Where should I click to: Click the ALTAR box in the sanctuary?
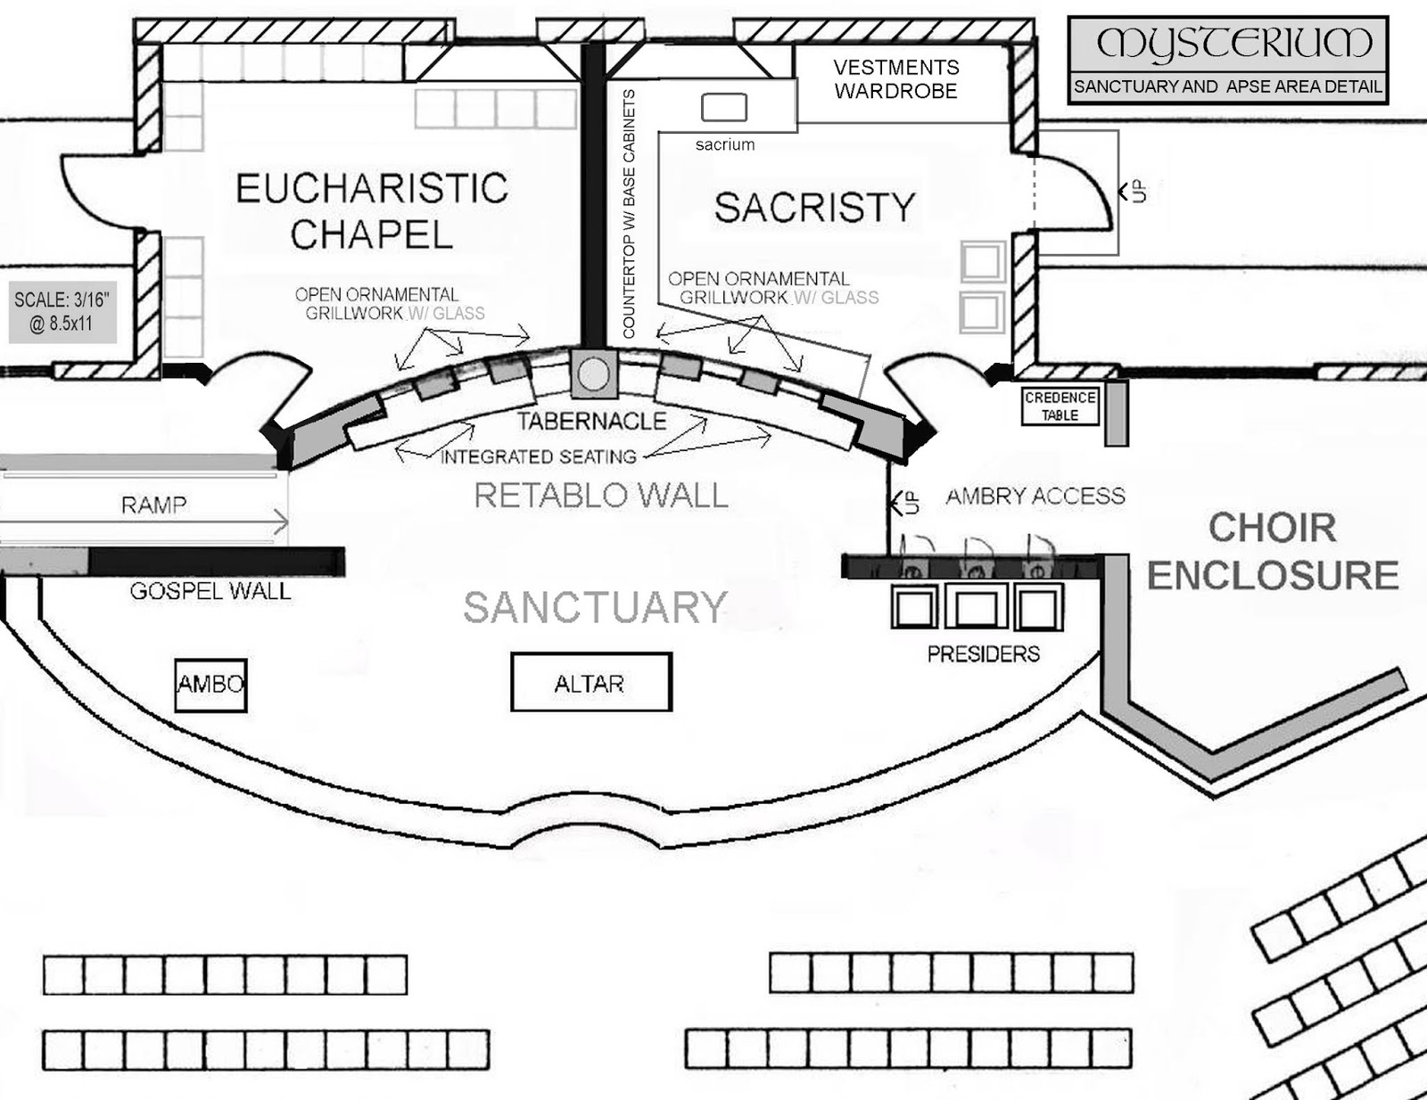click(x=590, y=683)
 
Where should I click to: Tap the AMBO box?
click(x=210, y=685)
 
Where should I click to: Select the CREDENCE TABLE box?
click(x=1060, y=406)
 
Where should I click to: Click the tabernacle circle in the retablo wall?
click(x=592, y=374)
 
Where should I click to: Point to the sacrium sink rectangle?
click(x=723, y=108)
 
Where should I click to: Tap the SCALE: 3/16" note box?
click(x=62, y=311)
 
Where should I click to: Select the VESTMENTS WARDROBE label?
click(x=895, y=79)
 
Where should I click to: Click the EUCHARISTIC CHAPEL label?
click(x=372, y=211)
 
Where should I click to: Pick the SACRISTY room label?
click(x=814, y=208)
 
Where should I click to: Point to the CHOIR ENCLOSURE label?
click(x=1273, y=552)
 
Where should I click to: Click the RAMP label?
click(x=154, y=505)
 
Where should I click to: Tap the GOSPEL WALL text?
click(x=210, y=591)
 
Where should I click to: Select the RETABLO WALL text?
click(x=600, y=496)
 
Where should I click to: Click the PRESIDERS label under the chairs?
click(x=983, y=654)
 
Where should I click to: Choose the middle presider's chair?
click(x=976, y=608)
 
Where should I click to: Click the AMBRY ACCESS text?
click(x=1035, y=496)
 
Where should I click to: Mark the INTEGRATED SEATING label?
click(x=539, y=457)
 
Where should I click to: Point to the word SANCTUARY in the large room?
click(x=595, y=608)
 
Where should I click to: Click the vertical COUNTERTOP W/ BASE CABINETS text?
click(x=629, y=214)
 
